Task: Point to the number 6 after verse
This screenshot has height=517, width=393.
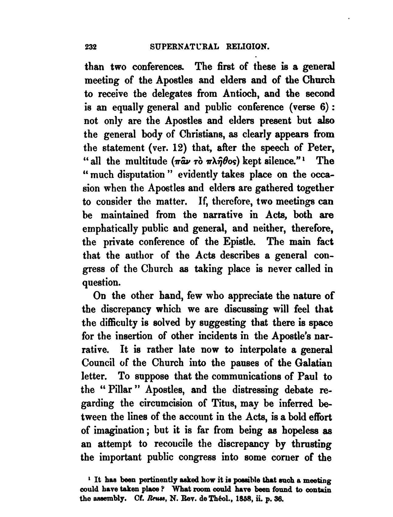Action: click(321, 107)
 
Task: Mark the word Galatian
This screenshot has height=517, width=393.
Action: click(314, 363)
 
